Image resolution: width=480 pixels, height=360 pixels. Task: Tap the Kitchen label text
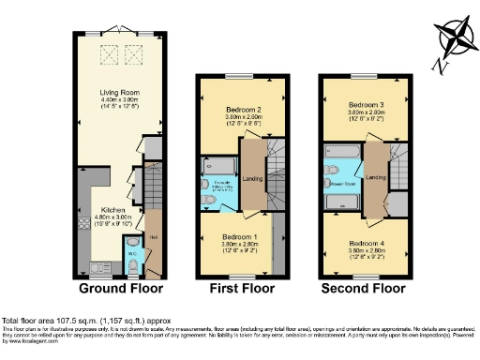pos(113,210)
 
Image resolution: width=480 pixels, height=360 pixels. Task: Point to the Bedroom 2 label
pos(240,110)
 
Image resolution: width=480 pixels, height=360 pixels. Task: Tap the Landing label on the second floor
pos(376,177)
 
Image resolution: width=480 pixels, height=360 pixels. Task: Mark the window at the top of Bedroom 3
pos(363,75)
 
